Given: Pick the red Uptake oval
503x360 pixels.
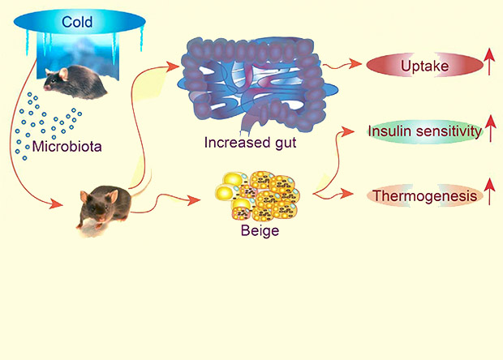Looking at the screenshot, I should [419, 63].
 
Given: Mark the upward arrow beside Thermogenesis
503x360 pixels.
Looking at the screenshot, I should [489, 195].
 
